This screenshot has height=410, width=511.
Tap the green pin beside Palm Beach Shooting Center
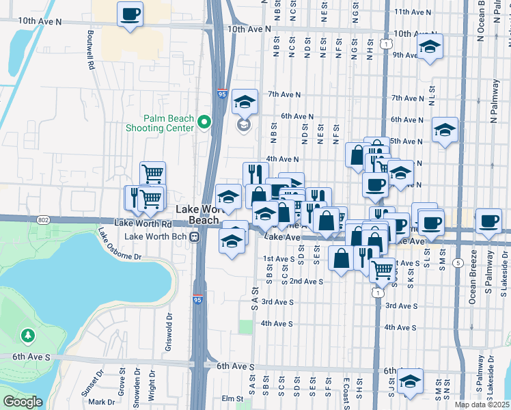point(203,123)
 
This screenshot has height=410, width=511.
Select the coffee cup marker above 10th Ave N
point(130,14)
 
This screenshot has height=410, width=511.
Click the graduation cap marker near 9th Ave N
point(429,47)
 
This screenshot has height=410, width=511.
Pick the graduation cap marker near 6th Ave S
point(410,381)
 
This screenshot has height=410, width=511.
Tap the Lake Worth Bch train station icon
point(195,236)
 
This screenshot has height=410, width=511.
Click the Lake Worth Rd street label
point(142,223)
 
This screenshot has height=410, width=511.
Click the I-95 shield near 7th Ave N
point(223,95)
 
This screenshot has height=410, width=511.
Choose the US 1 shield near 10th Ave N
point(387,44)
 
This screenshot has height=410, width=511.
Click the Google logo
point(23,402)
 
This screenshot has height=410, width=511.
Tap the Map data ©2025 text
point(482,405)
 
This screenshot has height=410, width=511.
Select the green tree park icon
point(27,336)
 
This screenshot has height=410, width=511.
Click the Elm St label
point(232,398)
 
